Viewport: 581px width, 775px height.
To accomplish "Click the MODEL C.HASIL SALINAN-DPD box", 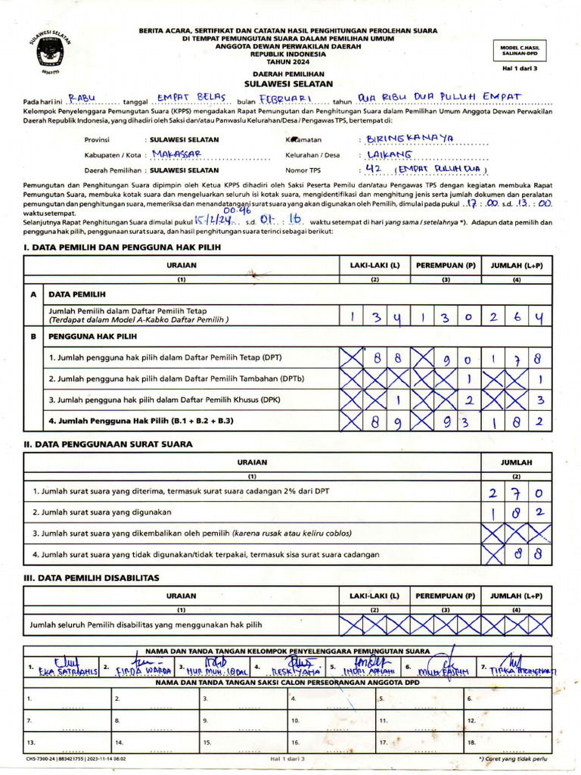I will click(x=519, y=50).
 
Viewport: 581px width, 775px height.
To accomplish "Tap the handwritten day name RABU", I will click(x=82, y=98).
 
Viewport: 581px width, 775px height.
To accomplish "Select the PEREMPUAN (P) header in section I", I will click(x=446, y=266).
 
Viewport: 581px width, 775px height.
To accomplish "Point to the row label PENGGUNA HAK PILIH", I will click(x=93, y=335).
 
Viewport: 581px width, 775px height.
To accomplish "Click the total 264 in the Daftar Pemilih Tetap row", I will click(x=516, y=318).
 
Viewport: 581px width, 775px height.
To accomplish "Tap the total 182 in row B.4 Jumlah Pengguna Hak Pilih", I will click(x=516, y=422).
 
